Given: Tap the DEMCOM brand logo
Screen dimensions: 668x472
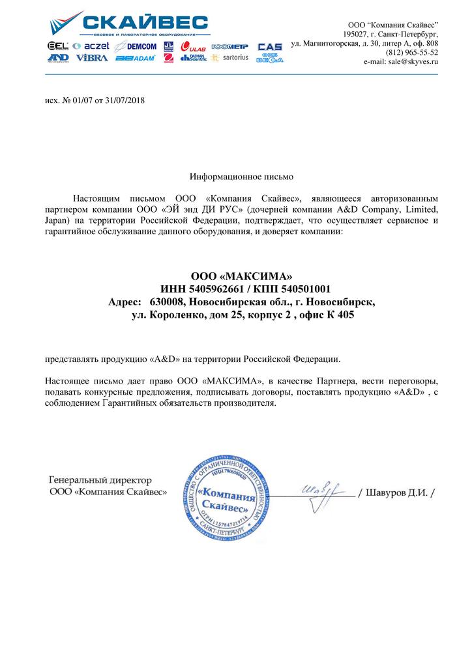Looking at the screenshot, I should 136,46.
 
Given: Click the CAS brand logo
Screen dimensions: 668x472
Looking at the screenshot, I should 270,47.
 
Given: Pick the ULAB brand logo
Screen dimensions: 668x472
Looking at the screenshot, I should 194,46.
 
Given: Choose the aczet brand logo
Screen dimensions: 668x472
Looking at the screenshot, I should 91,46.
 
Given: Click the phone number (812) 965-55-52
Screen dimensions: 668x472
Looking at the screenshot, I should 412,52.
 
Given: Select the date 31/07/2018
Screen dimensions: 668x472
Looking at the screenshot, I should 125,102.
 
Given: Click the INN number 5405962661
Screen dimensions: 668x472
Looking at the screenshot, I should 219,288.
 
